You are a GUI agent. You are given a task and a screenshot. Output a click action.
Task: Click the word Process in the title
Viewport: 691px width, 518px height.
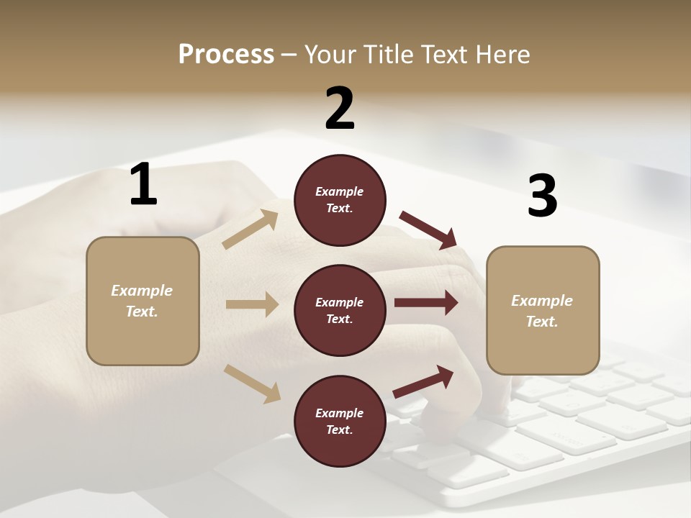pyautogui.click(x=226, y=55)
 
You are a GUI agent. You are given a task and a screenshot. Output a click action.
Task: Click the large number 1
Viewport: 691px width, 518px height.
pyautogui.click(x=143, y=185)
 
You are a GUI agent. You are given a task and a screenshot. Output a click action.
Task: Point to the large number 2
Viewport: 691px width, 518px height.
pyautogui.click(x=340, y=109)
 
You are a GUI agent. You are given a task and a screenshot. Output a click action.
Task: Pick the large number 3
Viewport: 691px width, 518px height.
pyautogui.click(x=542, y=196)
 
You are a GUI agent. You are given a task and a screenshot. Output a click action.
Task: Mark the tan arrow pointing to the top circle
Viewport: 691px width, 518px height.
pyautogui.click(x=250, y=230)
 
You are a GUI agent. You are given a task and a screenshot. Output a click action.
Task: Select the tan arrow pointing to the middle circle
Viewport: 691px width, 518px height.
pyautogui.click(x=252, y=304)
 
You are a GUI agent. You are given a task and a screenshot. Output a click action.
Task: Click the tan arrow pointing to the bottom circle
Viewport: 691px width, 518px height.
pyautogui.click(x=252, y=383)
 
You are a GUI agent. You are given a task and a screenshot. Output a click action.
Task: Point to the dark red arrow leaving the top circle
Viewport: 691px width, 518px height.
pyautogui.click(x=428, y=230)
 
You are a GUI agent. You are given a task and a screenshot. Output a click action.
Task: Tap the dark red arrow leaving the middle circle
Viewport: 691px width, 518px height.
pyautogui.click(x=426, y=303)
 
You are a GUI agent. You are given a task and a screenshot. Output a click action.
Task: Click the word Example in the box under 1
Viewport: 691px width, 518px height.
pyautogui.click(x=142, y=291)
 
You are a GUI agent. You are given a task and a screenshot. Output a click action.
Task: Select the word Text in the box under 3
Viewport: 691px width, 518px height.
pyautogui.click(x=542, y=322)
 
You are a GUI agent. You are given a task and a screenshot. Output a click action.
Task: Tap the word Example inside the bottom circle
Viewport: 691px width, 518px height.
pyautogui.click(x=340, y=413)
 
